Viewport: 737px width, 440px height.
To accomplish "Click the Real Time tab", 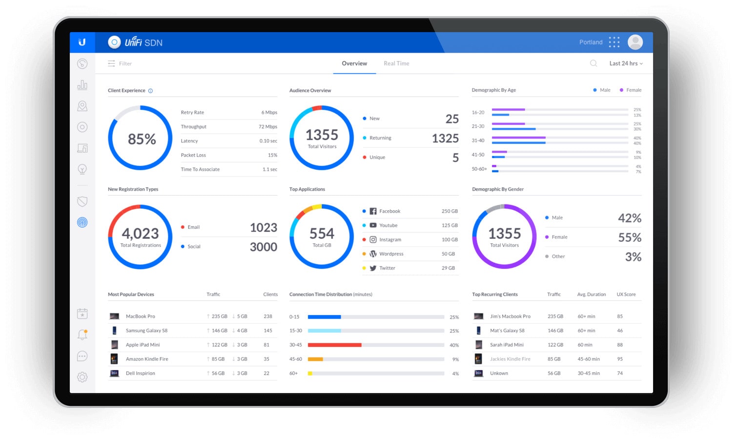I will [x=396, y=63].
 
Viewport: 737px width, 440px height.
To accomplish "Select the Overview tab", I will [x=354, y=63].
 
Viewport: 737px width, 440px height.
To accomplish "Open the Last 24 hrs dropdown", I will [x=626, y=63].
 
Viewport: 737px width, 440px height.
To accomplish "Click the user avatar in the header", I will [x=635, y=42].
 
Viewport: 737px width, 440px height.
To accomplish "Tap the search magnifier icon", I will [x=594, y=63].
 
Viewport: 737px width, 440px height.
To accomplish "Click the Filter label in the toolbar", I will [x=125, y=63].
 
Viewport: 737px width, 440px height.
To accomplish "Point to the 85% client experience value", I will [x=142, y=139].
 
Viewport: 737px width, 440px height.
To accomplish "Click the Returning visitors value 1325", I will [x=445, y=139].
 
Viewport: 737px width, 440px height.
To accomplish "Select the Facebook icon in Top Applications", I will [x=373, y=211].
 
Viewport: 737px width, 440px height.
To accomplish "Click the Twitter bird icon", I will [x=373, y=268].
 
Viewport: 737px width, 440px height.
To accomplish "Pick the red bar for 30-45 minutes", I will [x=334, y=345].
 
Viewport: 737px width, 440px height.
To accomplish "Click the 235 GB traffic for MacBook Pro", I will [x=219, y=317].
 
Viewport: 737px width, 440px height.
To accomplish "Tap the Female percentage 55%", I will [x=630, y=238].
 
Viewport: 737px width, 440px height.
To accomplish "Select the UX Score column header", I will [x=626, y=295].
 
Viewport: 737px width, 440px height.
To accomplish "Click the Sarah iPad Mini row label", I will [x=507, y=345].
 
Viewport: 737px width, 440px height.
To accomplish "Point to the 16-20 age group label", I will [x=478, y=113].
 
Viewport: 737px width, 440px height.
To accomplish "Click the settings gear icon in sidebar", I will [x=82, y=377].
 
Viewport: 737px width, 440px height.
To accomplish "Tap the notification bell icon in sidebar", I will [x=82, y=335].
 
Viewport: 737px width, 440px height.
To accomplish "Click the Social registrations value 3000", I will [x=264, y=247].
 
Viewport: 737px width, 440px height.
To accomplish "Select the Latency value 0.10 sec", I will [x=268, y=141].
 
